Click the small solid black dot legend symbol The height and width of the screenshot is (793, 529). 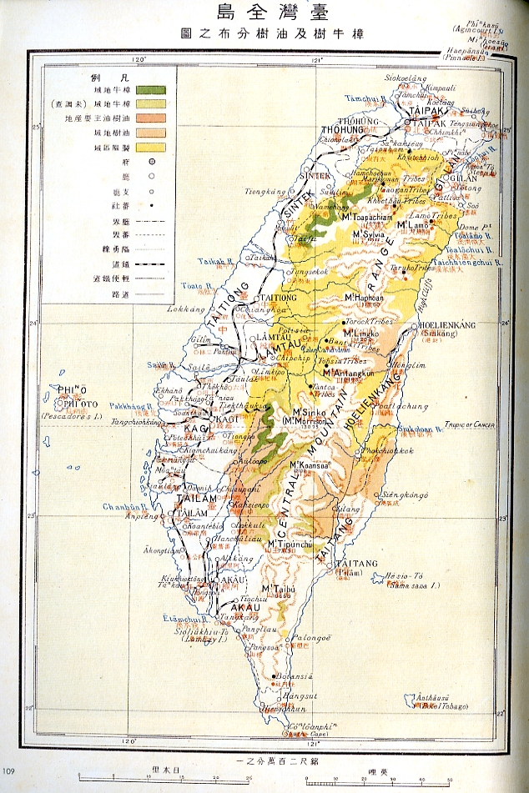point(153,203)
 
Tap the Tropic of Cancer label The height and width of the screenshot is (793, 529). point(466,425)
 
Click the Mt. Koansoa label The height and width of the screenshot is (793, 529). point(310,466)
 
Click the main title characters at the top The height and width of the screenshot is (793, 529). point(264,13)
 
